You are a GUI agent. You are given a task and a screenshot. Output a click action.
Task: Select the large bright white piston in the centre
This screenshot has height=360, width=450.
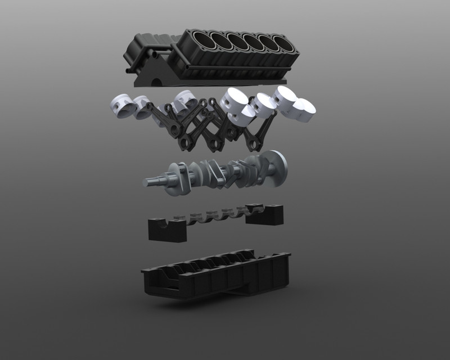click(234, 101)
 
